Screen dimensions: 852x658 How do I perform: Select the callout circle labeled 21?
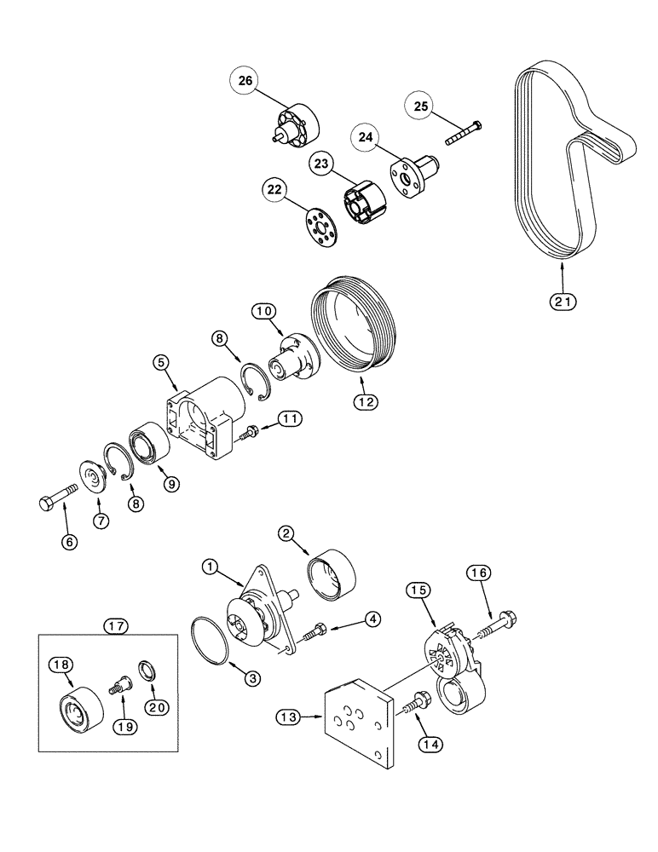pos(563,300)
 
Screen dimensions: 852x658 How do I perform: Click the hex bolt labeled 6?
pos(57,499)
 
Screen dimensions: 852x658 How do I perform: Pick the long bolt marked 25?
pos(463,132)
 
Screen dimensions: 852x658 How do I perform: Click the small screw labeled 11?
pos(251,434)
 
